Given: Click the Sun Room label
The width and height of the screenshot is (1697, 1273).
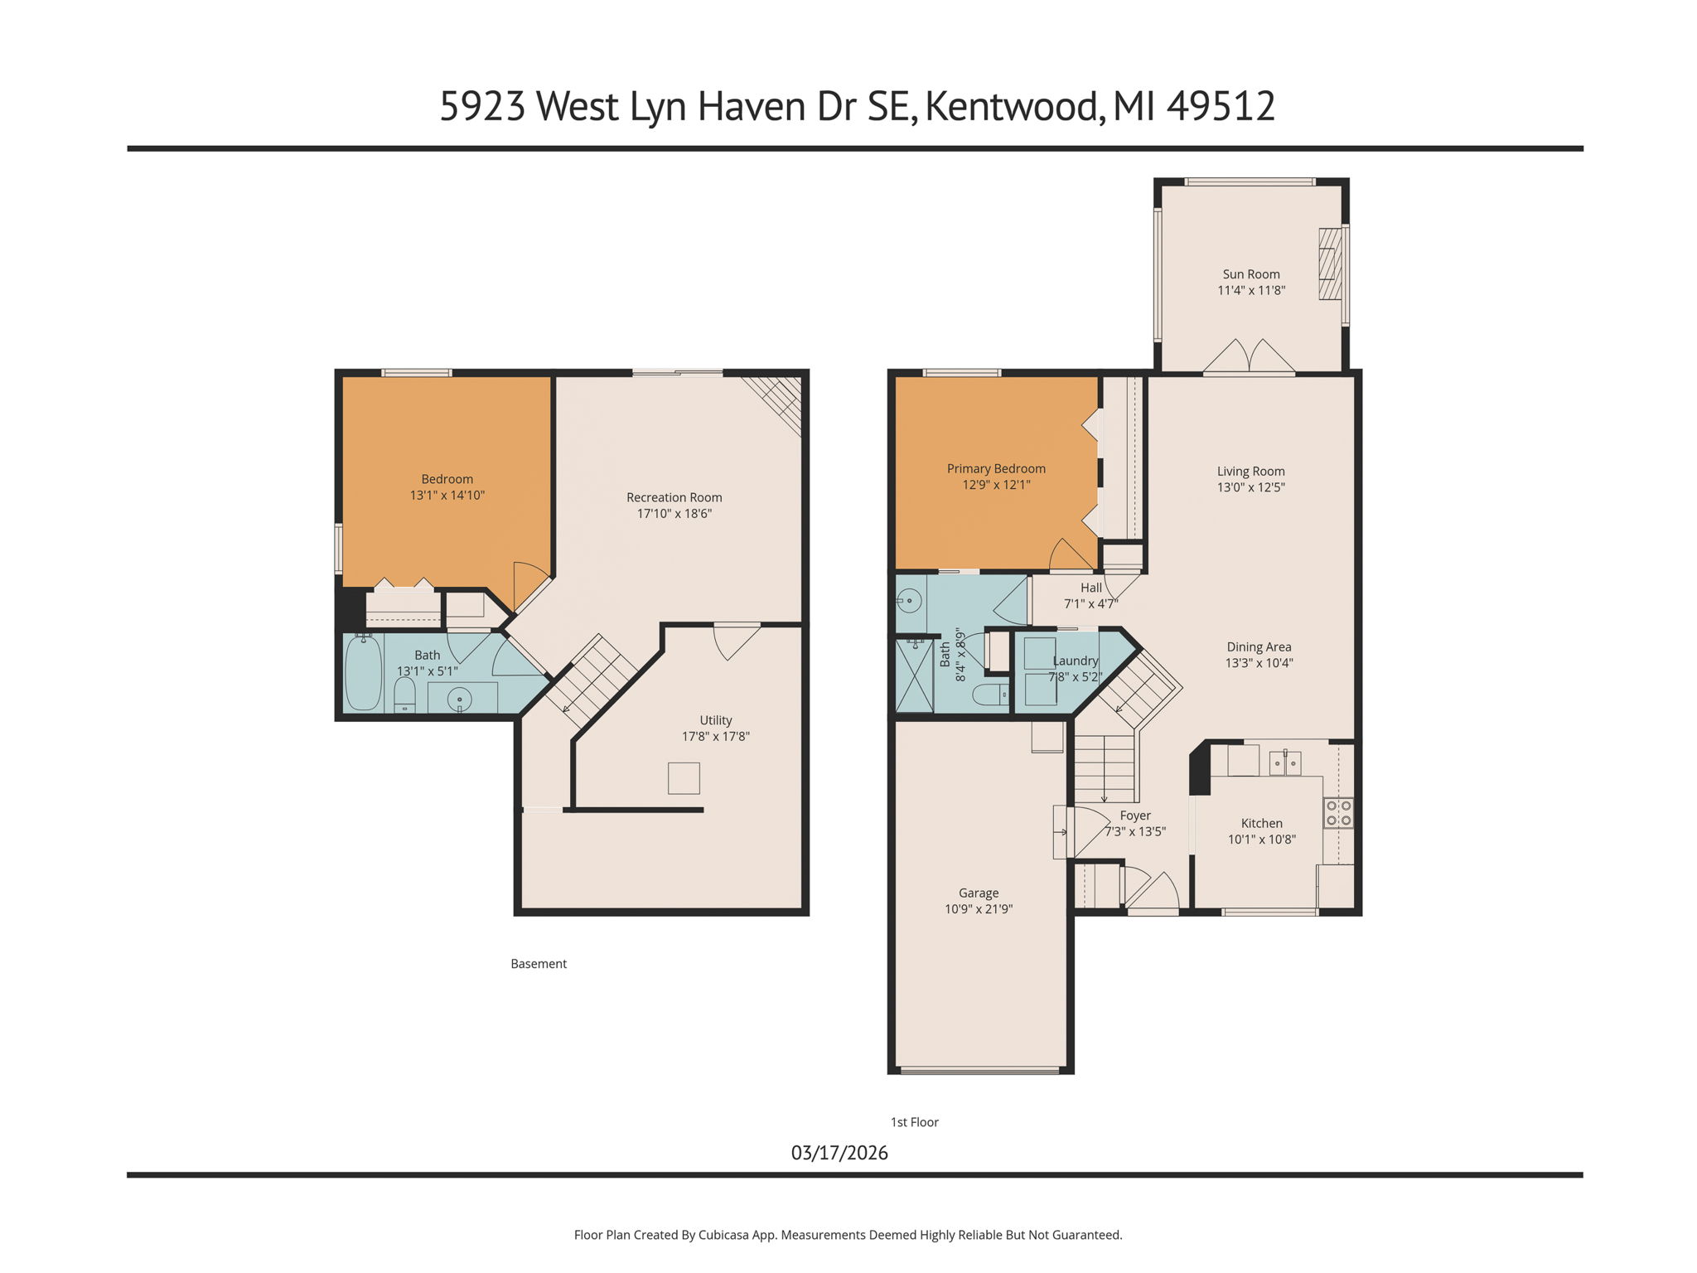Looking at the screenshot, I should [x=1250, y=274].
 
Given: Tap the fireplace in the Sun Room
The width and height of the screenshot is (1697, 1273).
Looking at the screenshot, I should [x=1329, y=264].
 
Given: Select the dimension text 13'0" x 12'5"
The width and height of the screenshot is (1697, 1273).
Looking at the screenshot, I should [x=1250, y=487].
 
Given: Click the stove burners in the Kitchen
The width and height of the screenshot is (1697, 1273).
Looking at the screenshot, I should [x=1338, y=812].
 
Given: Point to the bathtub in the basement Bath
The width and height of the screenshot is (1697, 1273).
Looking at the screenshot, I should [x=363, y=673].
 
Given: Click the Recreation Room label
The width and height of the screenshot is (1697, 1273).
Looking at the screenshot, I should [x=674, y=497].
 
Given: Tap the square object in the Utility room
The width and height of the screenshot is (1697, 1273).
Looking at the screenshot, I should [x=684, y=778].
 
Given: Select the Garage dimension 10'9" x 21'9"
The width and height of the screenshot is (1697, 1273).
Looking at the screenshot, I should [x=978, y=909].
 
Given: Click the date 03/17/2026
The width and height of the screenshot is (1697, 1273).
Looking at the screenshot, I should [x=839, y=1153].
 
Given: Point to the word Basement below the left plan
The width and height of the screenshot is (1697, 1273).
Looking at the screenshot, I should [x=538, y=964].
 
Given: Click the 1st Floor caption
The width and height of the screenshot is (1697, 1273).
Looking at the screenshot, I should [x=914, y=1122].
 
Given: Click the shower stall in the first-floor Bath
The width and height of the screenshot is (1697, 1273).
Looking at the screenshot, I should [x=914, y=675].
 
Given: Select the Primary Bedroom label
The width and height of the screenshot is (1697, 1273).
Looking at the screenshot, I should [x=996, y=469].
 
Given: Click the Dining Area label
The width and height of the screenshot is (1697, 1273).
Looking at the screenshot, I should [x=1259, y=647].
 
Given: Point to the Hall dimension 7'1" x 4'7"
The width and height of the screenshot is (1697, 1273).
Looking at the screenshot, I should [x=1090, y=604].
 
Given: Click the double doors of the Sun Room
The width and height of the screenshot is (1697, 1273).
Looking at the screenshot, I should [x=1249, y=356].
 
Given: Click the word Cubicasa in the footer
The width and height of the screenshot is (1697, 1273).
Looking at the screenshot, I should [x=723, y=1235].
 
